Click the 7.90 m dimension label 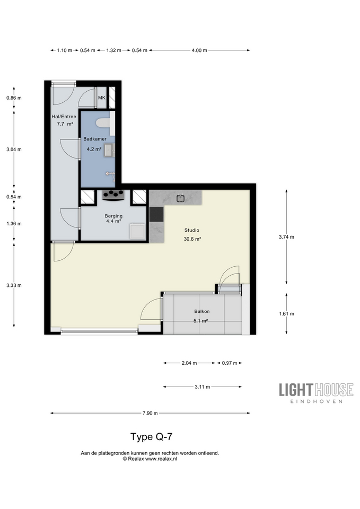click(150, 413)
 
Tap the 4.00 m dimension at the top click(199, 50)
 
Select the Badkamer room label click(95, 139)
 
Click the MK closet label click(102, 98)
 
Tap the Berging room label click(113, 216)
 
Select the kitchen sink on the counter click(181, 198)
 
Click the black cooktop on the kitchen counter click(156, 214)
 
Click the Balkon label click(202, 311)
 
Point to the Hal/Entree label click(64, 117)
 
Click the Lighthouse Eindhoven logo click(316, 393)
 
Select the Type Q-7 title click(151, 436)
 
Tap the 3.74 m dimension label click(286, 237)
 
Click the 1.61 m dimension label click(286, 313)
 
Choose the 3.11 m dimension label click(202, 387)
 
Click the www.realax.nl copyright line click(150, 459)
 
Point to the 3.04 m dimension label click(14, 150)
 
